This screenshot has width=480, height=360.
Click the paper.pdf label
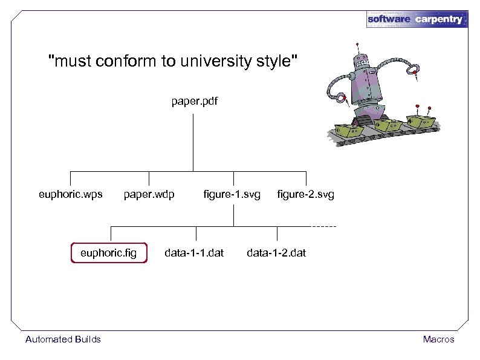193,102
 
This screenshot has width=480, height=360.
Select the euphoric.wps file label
70,195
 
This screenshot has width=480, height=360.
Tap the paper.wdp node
149,195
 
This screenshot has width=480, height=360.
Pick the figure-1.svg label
232,195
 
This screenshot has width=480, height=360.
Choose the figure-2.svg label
305,195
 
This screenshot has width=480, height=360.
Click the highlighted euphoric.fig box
109,252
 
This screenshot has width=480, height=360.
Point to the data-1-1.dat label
194,252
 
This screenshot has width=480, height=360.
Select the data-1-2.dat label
276,252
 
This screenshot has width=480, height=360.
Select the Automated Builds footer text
63,339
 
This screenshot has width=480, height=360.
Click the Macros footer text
438,339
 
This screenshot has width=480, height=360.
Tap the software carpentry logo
417,19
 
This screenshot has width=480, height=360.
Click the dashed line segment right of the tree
324,226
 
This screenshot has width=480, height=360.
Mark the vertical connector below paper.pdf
193,139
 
